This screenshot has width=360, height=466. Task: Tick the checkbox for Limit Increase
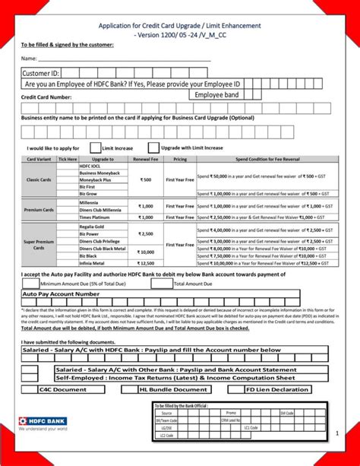coord(95,147)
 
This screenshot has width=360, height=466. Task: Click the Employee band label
coord(216,95)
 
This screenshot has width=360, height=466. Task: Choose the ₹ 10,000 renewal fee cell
coord(145,252)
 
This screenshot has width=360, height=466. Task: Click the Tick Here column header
coord(68,160)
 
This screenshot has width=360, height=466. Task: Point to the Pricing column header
coord(180,160)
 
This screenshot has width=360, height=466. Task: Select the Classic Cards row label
coord(38,179)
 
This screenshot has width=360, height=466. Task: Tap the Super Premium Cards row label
coord(38,244)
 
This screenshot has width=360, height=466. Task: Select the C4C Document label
coord(63,389)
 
